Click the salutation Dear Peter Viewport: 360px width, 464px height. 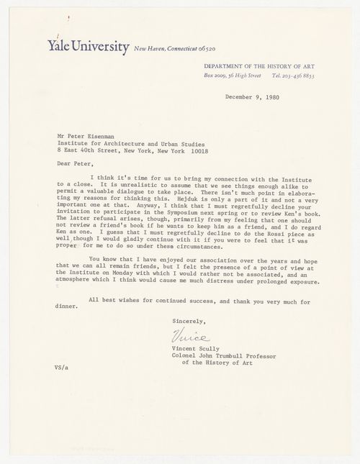coord(75,163)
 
